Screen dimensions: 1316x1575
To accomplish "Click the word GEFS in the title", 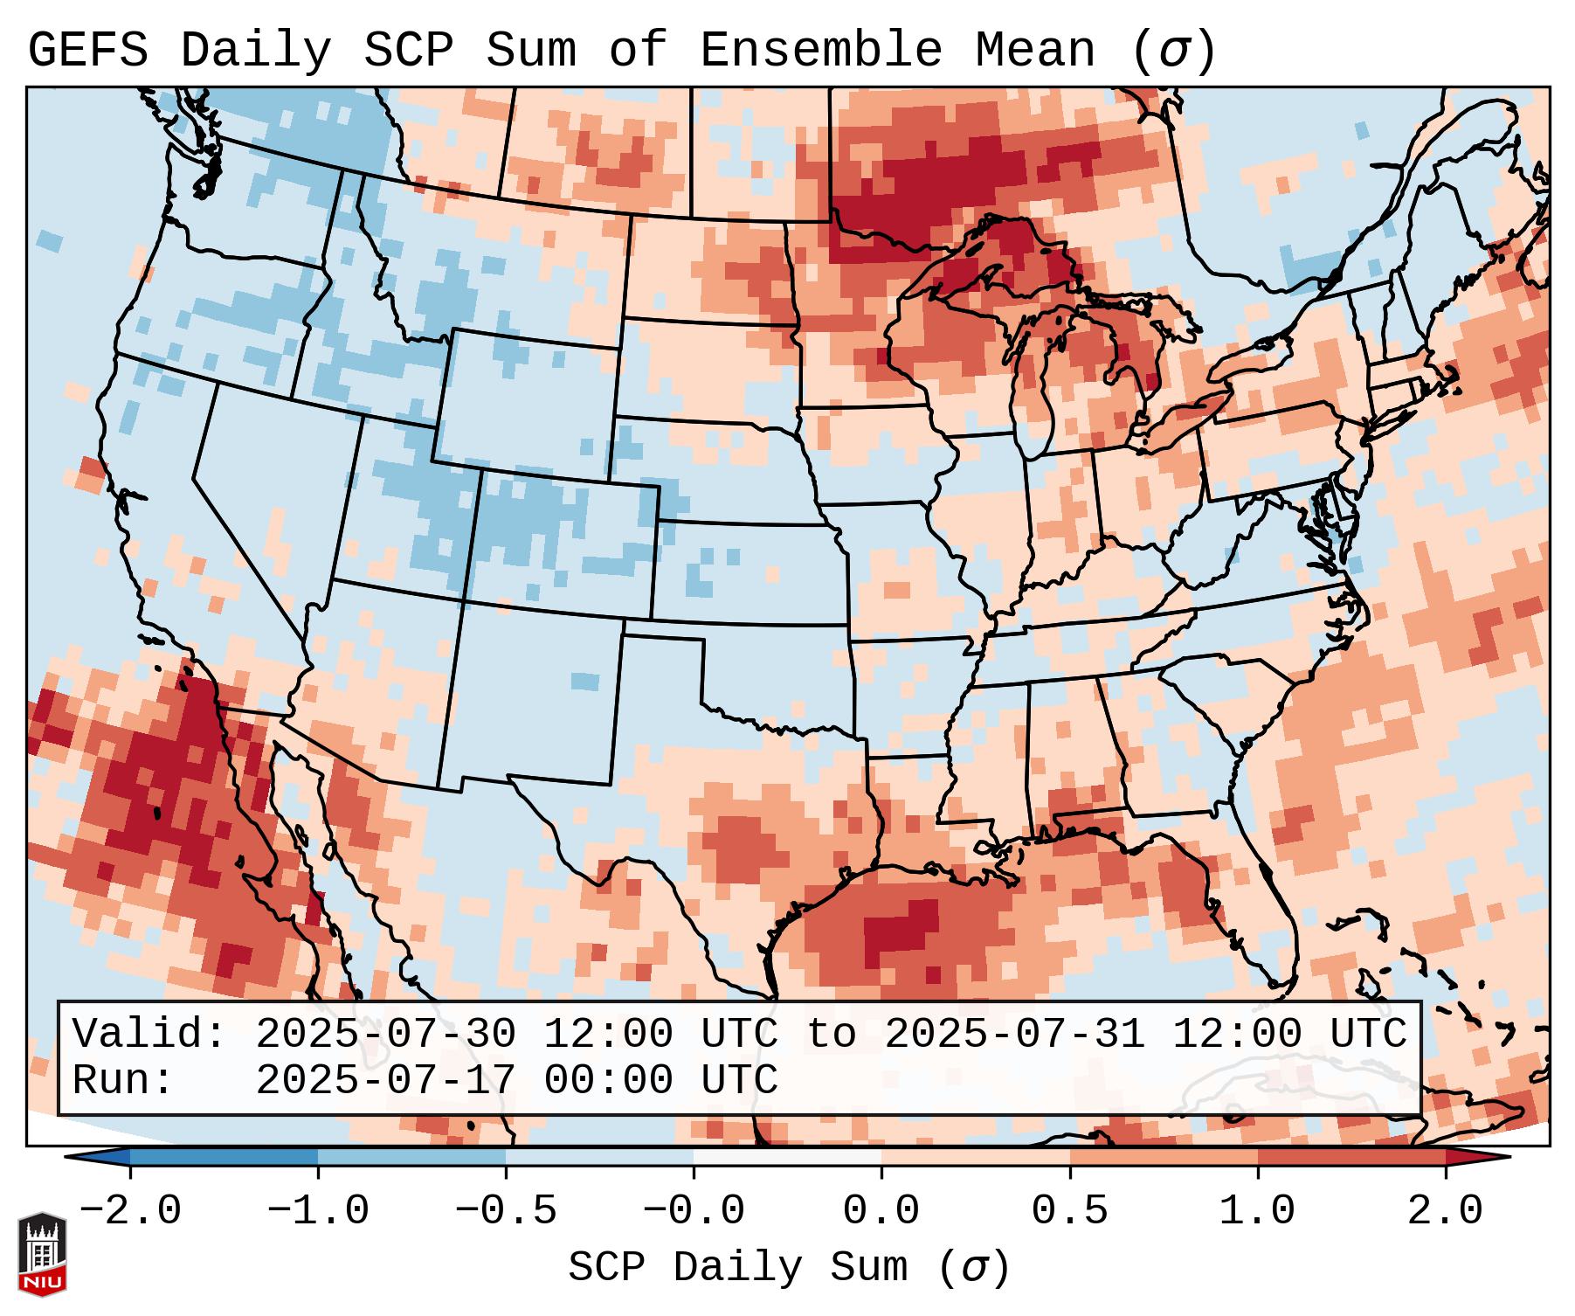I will point(87,51).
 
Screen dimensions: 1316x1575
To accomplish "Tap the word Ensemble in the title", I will point(820,51).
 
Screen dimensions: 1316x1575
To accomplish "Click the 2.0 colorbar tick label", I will point(1445,1211).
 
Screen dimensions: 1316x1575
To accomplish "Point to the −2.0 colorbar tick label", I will point(130,1211).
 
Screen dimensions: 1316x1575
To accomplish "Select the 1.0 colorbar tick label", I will point(1257,1211).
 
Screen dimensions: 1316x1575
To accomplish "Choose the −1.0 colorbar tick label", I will point(318,1211).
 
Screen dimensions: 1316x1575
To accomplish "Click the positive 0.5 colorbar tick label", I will point(1069,1211).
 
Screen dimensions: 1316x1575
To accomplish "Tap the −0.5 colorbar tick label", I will point(506,1211).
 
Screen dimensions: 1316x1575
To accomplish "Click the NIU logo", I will point(42,1255).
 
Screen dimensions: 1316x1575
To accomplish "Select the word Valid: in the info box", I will point(149,1035).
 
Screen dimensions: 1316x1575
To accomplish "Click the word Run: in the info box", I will point(123,1081).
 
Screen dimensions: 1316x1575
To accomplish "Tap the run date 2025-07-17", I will point(385,1081).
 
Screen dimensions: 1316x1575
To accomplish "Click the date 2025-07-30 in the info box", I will point(385,1035).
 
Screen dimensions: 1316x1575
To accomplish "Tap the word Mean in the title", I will point(1034,51).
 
